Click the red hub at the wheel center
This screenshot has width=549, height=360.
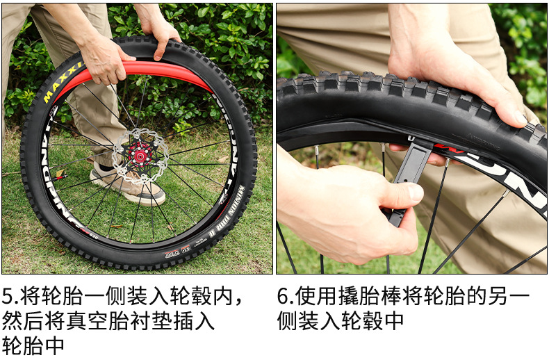coord(140,155)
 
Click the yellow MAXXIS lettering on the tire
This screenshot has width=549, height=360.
coord(62,83)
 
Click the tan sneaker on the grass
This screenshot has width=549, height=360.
coord(127,185)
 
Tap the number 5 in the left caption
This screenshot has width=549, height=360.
coord(8,296)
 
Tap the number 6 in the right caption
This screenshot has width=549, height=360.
coord(283,296)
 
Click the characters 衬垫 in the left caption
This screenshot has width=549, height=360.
coord(151,321)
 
